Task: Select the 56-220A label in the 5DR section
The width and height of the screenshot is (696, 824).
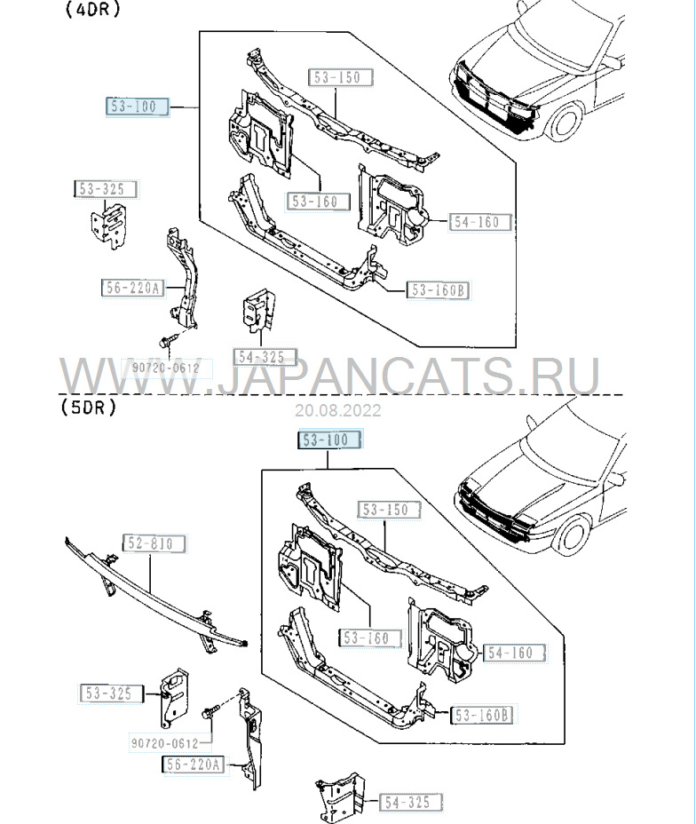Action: point(194,764)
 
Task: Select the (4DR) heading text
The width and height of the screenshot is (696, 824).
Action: point(91,11)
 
